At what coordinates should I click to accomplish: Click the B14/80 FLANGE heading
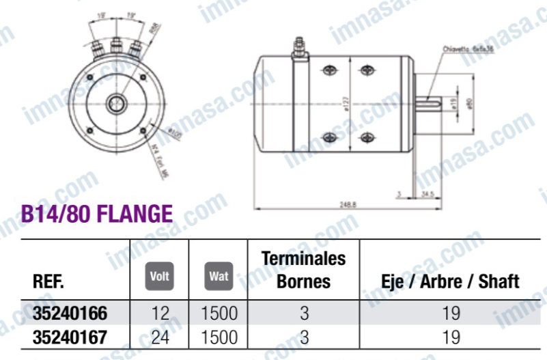pyautogui.click(x=96, y=214)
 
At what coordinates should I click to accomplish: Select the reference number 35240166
pyautogui.click(x=70, y=314)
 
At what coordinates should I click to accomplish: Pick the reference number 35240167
pyautogui.click(x=70, y=337)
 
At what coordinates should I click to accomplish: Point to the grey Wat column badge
pyautogui.click(x=219, y=277)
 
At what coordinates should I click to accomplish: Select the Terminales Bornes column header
pyautogui.click(x=304, y=270)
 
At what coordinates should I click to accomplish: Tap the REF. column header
pyautogui.click(x=48, y=281)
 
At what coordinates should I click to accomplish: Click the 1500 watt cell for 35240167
pyautogui.click(x=219, y=337)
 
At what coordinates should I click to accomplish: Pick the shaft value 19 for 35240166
pyautogui.click(x=450, y=314)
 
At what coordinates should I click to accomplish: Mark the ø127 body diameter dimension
pyautogui.click(x=346, y=102)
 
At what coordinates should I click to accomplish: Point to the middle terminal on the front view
pyautogui.click(x=116, y=49)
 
